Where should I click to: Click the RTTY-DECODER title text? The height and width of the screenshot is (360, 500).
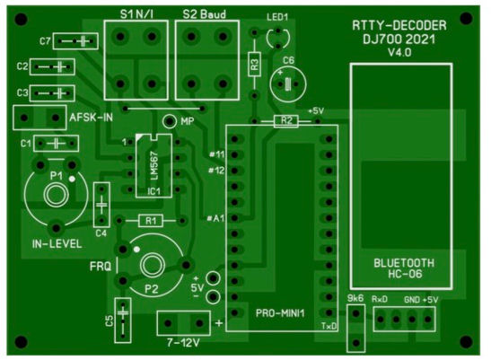click(399, 25)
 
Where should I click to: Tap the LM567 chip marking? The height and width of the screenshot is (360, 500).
click(154, 165)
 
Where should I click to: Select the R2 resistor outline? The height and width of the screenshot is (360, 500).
click(286, 121)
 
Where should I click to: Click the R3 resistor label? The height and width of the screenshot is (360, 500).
click(254, 65)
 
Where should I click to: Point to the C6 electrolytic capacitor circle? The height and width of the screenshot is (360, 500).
click(288, 84)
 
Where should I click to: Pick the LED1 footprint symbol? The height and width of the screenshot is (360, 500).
click(278, 39)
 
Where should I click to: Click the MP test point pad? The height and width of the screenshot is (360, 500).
click(170, 121)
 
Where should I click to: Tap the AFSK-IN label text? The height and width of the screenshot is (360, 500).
click(92, 118)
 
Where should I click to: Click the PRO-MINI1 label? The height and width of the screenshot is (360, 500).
click(280, 313)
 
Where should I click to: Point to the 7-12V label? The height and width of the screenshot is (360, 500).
click(183, 343)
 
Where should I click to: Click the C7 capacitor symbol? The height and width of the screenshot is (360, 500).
click(75, 41)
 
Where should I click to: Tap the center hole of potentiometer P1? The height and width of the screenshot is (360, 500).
click(57, 195)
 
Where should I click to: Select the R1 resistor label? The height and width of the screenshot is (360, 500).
click(151, 221)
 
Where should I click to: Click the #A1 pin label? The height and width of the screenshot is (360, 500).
click(215, 218)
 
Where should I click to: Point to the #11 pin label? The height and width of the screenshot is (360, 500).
click(217, 154)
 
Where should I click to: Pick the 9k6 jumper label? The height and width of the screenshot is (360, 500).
click(355, 298)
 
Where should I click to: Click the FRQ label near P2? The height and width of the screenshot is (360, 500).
click(101, 267)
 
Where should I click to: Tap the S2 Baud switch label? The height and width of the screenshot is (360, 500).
click(204, 14)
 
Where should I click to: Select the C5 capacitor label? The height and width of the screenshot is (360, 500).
click(110, 320)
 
